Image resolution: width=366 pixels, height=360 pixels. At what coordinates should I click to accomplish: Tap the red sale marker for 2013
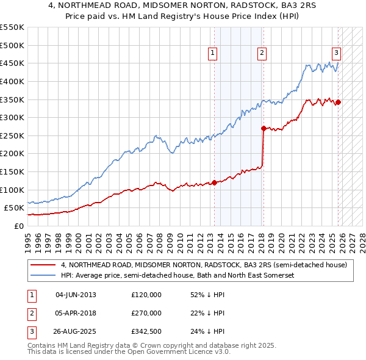pyautogui.click(x=214, y=182)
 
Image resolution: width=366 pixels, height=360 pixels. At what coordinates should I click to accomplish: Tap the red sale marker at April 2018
pyautogui.click(x=264, y=128)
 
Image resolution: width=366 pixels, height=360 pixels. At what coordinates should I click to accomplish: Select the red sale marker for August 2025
pyautogui.click(x=338, y=102)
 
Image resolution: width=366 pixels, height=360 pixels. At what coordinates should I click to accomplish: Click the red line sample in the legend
pyautogui.click(x=43, y=265)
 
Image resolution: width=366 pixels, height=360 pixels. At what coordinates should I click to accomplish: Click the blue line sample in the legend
pyautogui.click(x=43, y=276)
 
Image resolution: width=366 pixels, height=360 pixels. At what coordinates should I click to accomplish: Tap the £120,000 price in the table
pyautogui.click(x=146, y=294)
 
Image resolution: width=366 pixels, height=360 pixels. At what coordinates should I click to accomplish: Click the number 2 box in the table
pyautogui.click(x=31, y=313)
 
